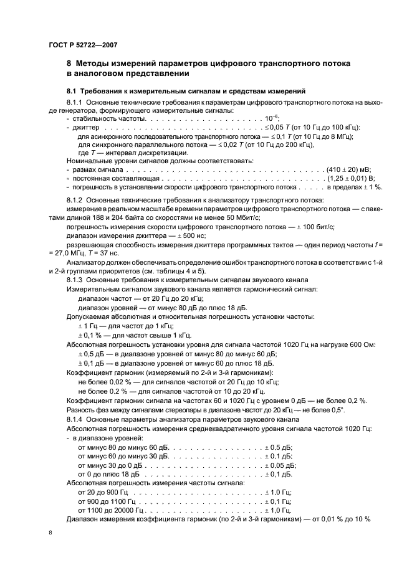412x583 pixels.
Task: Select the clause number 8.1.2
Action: [74, 200]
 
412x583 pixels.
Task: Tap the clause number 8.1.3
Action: [74, 281]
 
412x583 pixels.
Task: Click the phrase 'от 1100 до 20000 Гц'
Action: [107, 510]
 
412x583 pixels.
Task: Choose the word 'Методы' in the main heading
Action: [97, 63]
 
